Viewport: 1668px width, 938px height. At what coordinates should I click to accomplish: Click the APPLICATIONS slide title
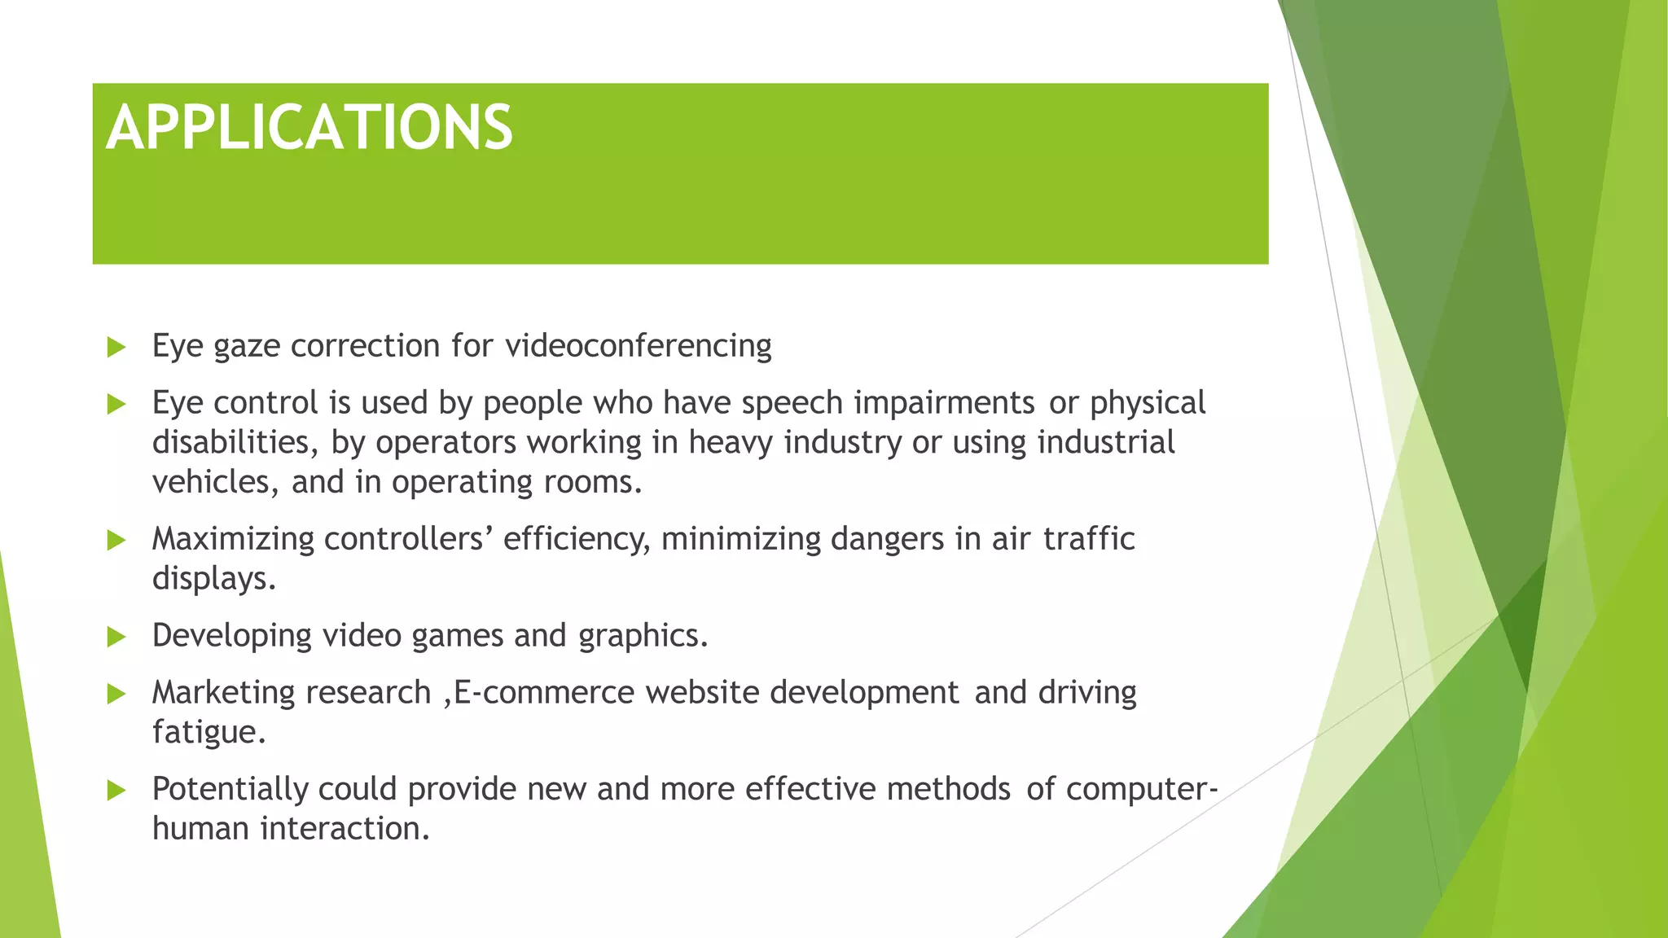click(x=309, y=128)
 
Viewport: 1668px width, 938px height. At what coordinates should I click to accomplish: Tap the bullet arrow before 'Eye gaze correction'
click(x=116, y=348)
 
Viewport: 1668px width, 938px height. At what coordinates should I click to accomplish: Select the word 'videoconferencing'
click(x=639, y=346)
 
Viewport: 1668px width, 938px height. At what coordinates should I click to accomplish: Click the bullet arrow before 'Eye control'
click(x=116, y=404)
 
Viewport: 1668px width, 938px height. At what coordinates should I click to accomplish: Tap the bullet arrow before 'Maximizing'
click(x=116, y=540)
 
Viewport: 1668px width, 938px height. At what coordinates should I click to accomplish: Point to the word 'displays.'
click(x=214, y=579)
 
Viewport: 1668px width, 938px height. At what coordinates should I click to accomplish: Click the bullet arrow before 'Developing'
click(x=116, y=637)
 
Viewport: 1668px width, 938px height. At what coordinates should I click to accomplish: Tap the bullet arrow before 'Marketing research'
click(x=116, y=694)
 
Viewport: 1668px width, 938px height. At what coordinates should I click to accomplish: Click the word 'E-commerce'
click(x=544, y=693)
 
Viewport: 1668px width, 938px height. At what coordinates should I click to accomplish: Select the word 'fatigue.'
click(x=209, y=732)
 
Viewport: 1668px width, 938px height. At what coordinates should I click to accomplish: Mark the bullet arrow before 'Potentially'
click(x=116, y=790)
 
